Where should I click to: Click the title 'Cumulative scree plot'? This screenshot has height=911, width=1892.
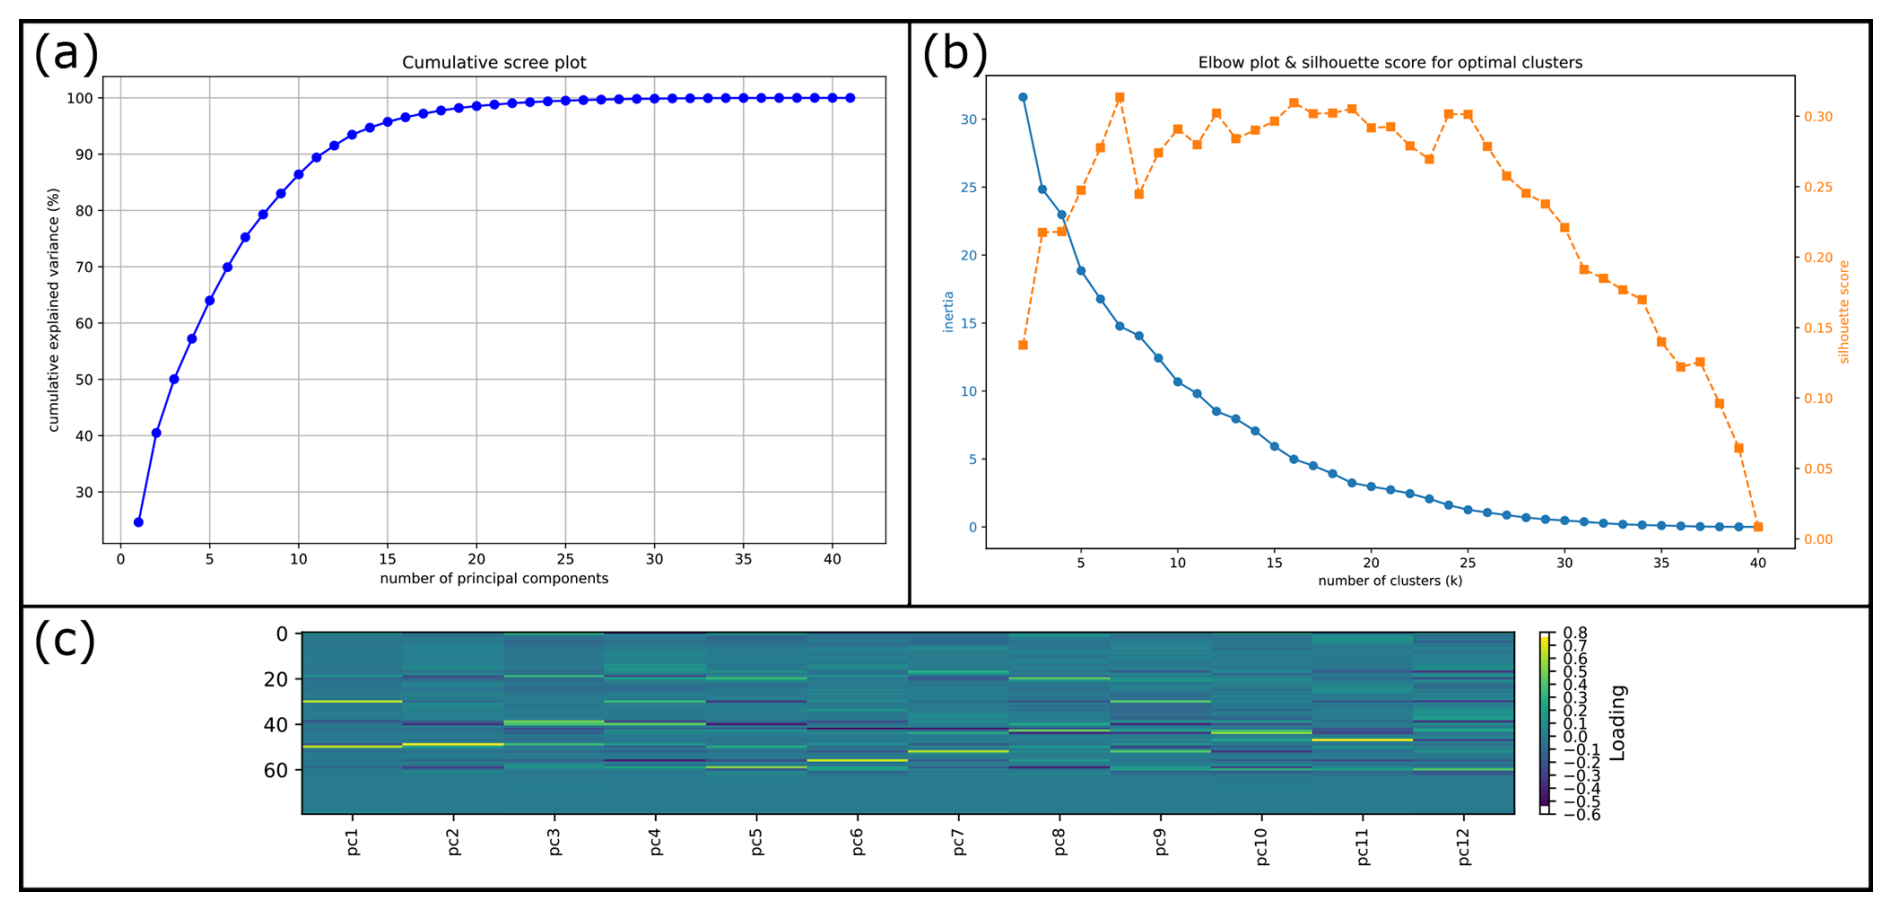tap(494, 62)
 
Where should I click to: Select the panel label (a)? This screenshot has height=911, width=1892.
tap(66, 53)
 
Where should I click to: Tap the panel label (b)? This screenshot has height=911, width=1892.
tap(954, 53)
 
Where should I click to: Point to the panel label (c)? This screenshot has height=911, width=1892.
tap(65, 640)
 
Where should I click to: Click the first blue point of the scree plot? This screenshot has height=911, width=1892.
tap(138, 522)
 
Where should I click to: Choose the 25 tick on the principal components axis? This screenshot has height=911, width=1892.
tap(565, 559)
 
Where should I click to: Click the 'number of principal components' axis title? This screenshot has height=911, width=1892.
tap(494, 578)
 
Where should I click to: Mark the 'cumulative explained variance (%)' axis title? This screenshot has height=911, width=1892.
tap(54, 310)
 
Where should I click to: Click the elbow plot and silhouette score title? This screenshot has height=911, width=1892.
tap(1390, 62)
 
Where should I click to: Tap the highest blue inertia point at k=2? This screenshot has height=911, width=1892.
tap(1022, 97)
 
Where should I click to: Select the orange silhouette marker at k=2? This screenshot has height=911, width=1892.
tap(1022, 345)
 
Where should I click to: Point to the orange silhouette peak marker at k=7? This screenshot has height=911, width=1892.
tap(1119, 98)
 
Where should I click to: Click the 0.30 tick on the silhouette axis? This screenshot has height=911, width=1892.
tap(1818, 117)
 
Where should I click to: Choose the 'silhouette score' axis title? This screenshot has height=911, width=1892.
tap(1844, 312)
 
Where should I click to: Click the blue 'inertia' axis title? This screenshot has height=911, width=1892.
tap(948, 312)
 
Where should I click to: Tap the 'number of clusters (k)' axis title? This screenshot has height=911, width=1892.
tap(1390, 580)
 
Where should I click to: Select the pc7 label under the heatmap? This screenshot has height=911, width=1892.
tap(958, 842)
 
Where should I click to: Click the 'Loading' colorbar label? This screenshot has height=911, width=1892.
tap(1617, 722)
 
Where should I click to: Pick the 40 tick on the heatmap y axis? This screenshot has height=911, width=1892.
tap(275, 724)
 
